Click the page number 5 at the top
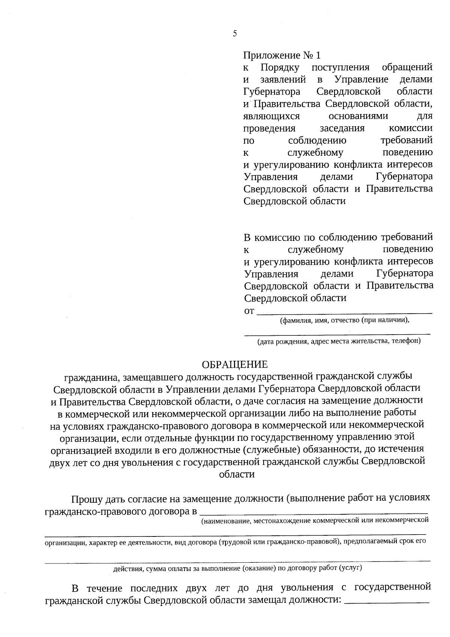pyautogui.click(x=235, y=34)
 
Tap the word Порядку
pyautogui.click(x=280, y=68)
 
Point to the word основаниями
pyautogui.click(x=358, y=116)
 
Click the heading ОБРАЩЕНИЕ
pyautogui.click(x=235, y=364)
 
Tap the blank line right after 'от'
pyautogui.click(x=344, y=312)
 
